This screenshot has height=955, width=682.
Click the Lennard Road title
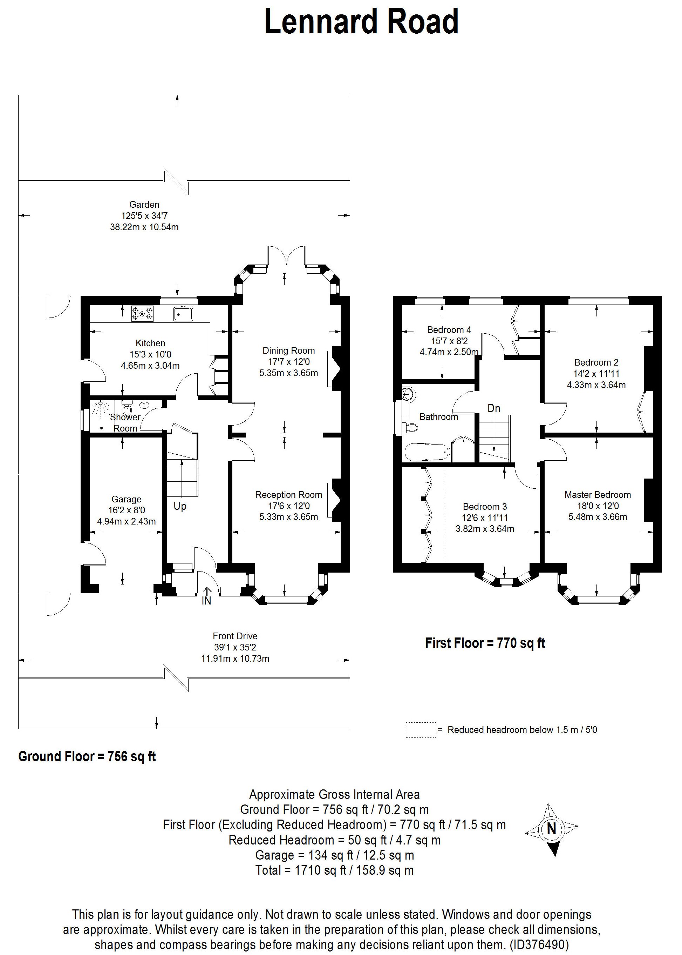pos(361,22)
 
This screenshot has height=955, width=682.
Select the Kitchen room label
pos(150,343)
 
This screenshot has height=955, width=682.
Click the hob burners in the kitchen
pos(142,313)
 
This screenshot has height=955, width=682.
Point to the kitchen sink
pos(183,314)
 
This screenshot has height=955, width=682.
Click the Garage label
pos(127,499)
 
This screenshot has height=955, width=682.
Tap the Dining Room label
pos(288,350)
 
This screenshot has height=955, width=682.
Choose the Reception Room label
pos(288,495)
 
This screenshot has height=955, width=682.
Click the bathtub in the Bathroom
pos(428,453)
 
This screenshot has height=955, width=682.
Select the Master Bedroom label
pos(598,495)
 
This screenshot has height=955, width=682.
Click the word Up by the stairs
pos(180,506)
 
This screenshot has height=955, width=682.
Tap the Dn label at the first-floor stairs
pos(494,408)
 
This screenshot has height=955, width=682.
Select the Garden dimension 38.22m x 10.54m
pos(144,227)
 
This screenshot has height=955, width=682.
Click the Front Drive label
pos(235,636)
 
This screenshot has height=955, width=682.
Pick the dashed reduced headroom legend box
pos(420,730)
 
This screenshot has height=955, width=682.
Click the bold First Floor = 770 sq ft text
pos(485,643)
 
